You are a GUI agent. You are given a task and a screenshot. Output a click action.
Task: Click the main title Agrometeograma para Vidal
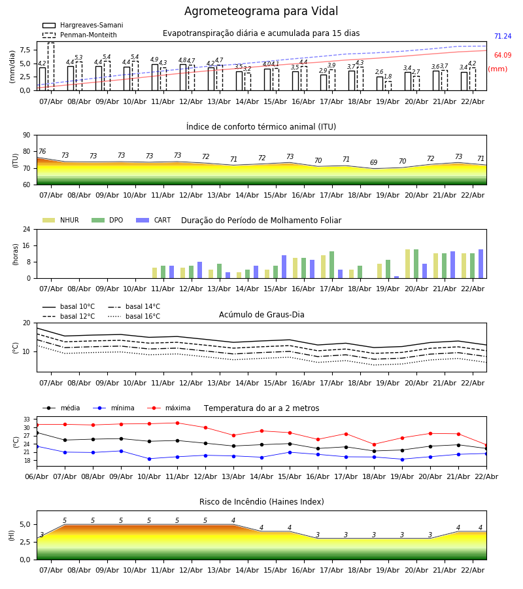[x=261, y=12]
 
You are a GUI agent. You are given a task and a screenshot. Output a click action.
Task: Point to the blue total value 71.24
[x=502, y=37]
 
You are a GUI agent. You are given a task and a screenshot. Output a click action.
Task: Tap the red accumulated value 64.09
[x=502, y=56]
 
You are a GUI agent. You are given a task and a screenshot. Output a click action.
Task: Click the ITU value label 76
[x=42, y=152]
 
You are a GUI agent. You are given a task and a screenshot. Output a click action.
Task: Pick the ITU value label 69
[x=373, y=163]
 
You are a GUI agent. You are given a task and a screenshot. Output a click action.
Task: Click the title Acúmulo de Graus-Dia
[x=261, y=315]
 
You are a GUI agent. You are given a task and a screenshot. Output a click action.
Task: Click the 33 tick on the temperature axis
[x=27, y=419]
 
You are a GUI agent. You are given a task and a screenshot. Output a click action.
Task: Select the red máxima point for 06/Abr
[x=37, y=425]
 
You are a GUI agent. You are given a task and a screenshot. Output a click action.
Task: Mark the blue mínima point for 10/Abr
[x=149, y=459]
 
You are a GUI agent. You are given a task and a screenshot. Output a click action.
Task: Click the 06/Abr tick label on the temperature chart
[x=37, y=476]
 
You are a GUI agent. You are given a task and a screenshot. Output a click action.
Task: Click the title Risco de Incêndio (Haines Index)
[x=261, y=502]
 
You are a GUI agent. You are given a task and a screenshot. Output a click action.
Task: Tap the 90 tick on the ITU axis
[x=27, y=135]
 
